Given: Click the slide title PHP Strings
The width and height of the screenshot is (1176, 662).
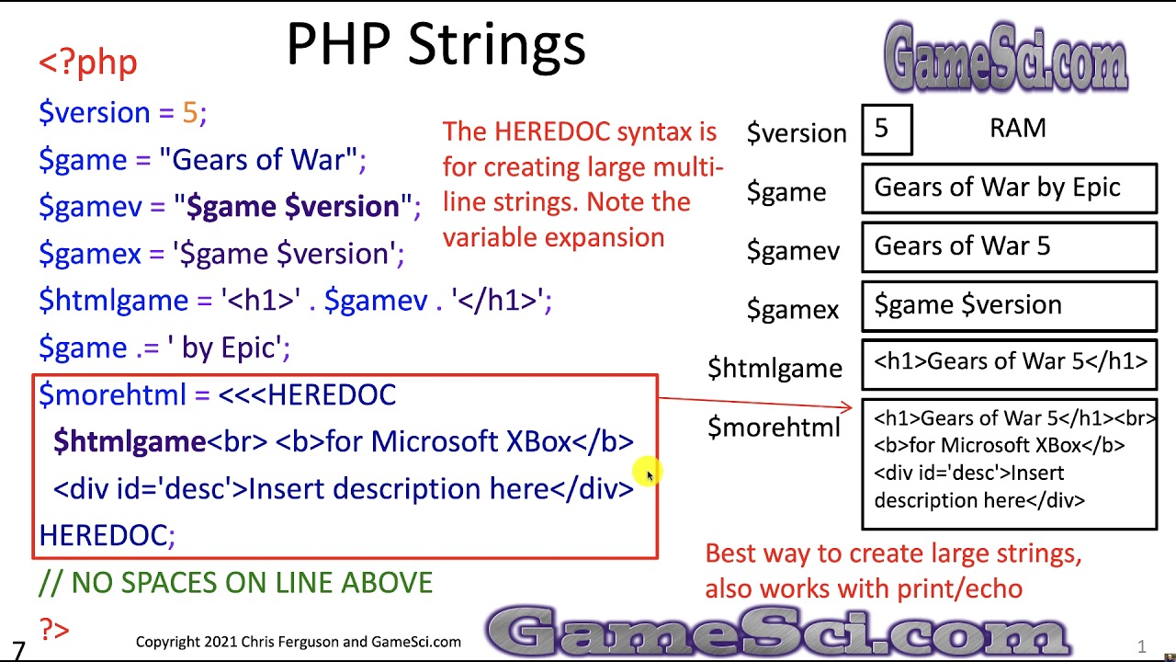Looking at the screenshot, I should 435,44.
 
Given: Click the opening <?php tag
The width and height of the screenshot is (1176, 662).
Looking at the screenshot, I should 88,63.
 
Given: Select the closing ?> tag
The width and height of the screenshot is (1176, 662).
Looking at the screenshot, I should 54,630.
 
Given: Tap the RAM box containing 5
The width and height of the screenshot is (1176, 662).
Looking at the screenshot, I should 887,130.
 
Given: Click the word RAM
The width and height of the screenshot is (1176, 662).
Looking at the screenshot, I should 1017,128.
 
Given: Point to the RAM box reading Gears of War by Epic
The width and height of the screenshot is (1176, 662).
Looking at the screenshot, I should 1008,188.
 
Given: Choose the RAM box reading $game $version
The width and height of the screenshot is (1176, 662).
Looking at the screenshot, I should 1008,305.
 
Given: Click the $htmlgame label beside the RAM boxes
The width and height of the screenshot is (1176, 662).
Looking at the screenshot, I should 775,368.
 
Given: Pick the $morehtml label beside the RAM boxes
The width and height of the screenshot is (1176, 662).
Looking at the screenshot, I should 774,427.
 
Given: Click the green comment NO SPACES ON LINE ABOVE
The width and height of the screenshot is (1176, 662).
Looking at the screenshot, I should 236,583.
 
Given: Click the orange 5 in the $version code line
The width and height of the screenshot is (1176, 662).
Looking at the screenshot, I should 190,112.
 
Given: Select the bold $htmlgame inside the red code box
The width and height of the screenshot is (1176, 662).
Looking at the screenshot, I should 130,441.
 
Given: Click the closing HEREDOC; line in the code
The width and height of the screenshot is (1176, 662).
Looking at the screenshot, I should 107,535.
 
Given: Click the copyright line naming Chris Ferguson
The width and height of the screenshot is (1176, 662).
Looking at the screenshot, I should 299,642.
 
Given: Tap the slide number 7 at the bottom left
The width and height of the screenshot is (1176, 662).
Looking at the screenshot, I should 18,651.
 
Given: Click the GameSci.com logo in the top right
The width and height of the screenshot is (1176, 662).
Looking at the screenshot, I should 1005,57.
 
